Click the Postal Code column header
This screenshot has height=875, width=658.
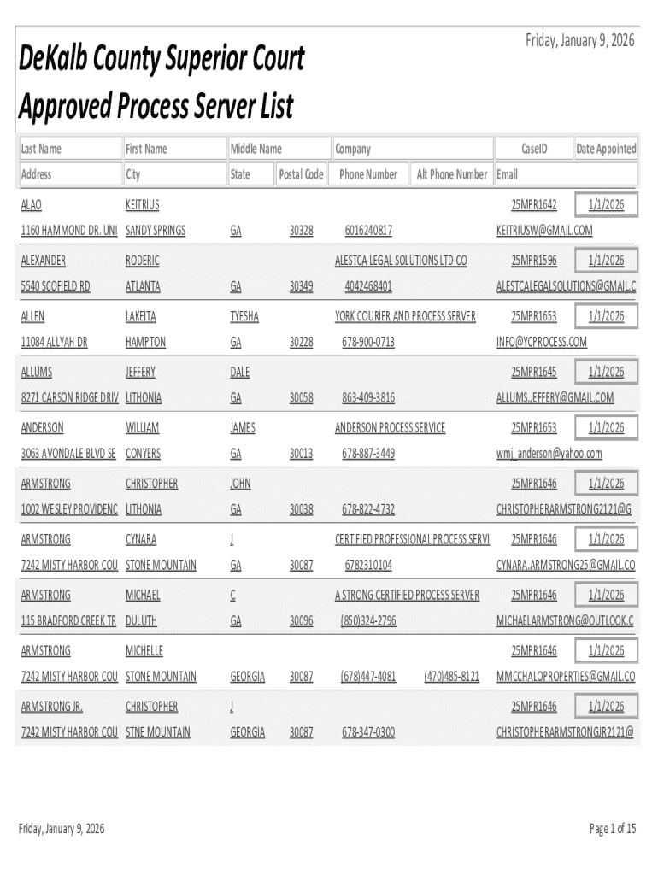(x=301, y=174)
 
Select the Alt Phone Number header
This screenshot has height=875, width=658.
(x=451, y=174)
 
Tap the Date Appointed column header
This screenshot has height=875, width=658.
(x=606, y=149)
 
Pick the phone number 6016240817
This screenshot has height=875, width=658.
(x=368, y=231)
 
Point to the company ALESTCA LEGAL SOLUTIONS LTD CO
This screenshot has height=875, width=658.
(x=401, y=261)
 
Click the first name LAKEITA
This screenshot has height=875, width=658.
(x=141, y=316)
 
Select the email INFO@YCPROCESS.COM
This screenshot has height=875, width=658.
(x=542, y=342)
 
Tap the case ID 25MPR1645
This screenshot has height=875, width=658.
(x=533, y=372)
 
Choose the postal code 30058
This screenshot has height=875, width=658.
(x=301, y=398)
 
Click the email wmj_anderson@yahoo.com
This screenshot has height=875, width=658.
(x=549, y=454)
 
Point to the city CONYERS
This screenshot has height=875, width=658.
(x=143, y=454)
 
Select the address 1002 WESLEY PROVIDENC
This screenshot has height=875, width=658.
(x=69, y=509)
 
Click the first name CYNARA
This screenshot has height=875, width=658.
(x=141, y=539)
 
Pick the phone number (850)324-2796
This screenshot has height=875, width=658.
(x=368, y=621)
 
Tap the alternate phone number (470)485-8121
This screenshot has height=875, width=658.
(x=451, y=677)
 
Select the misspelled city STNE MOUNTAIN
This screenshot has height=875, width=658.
(x=158, y=732)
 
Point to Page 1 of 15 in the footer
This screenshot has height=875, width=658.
(x=613, y=828)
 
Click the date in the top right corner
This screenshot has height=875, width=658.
(x=580, y=40)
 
